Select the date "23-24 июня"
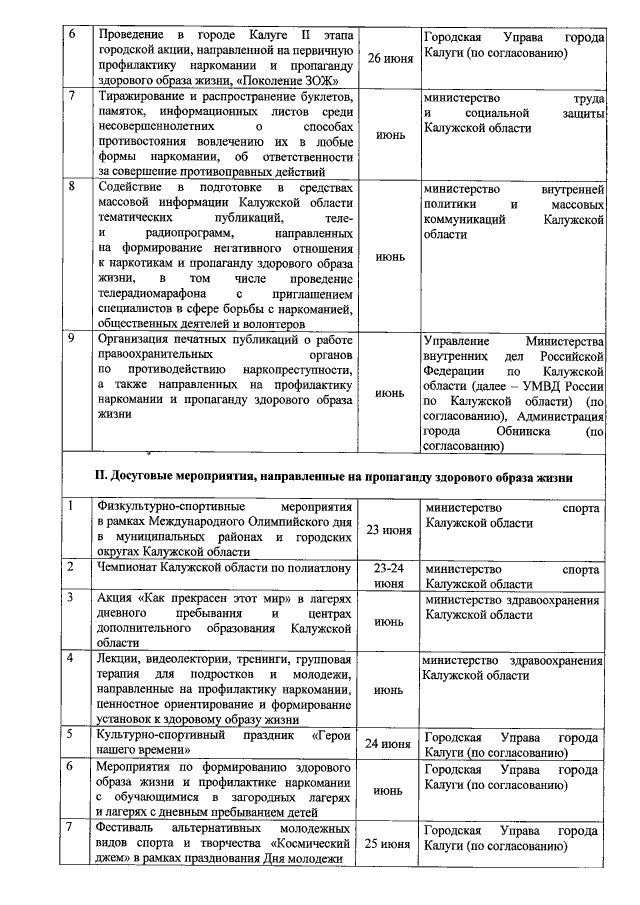(x=389, y=575)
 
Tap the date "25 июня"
(x=389, y=844)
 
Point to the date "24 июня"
(x=389, y=744)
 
